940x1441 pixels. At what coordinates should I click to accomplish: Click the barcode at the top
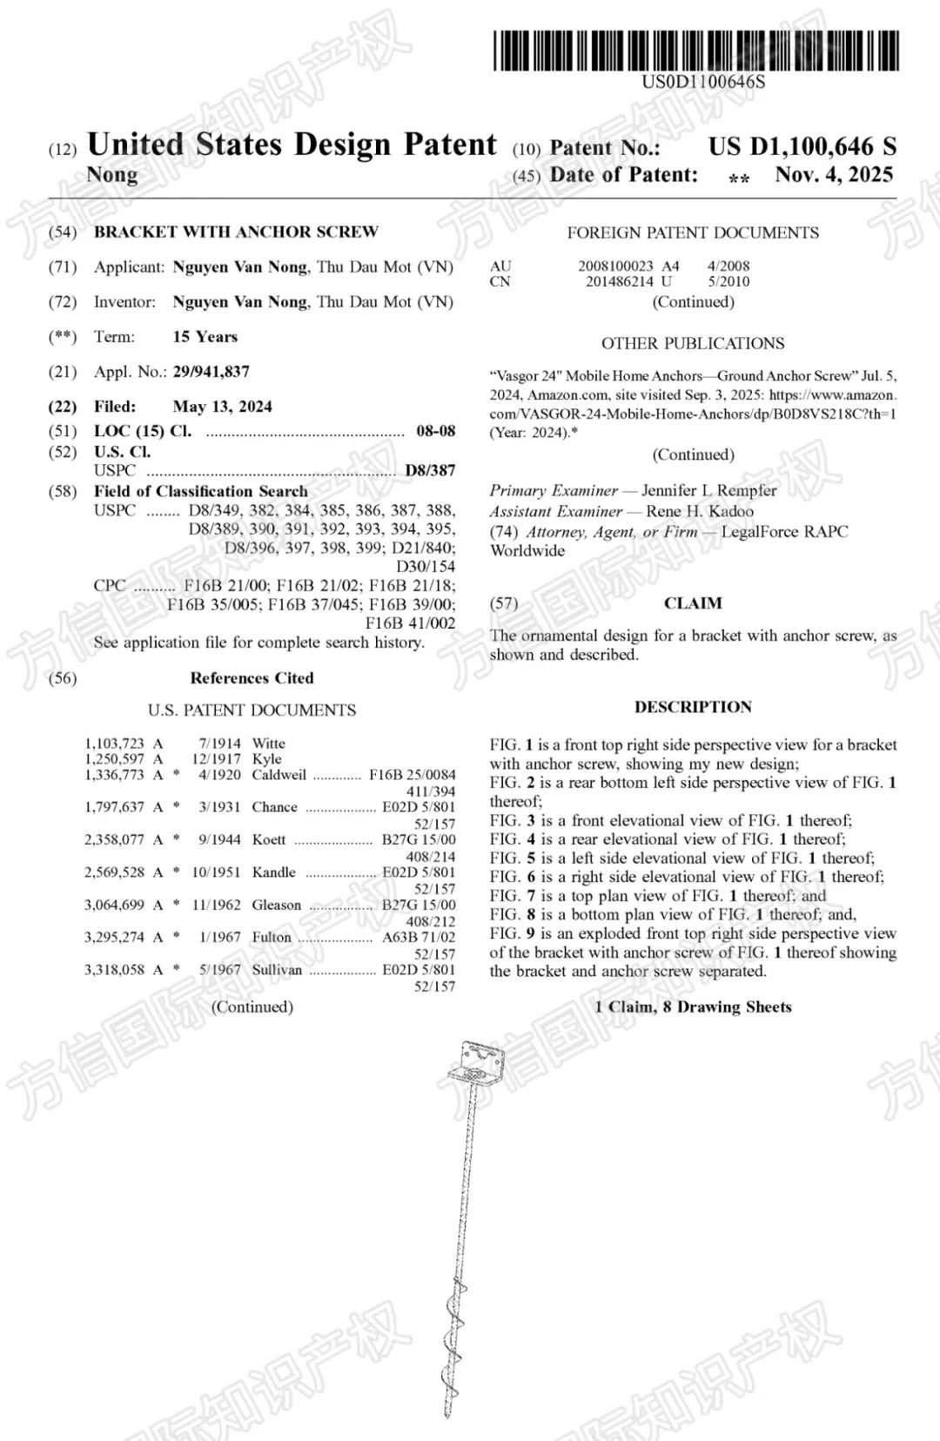[x=696, y=51]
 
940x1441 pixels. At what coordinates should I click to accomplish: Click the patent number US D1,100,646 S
[x=802, y=146]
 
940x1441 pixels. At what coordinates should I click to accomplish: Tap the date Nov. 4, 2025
[x=834, y=175]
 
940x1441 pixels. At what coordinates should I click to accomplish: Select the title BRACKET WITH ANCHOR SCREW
[x=236, y=232]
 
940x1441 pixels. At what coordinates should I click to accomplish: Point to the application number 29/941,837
[x=211, y=372]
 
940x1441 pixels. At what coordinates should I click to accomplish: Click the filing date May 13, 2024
[x=222, y=407]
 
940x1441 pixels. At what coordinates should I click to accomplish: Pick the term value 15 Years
[x=205, y=337]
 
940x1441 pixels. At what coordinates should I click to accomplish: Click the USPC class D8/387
[x=430, y=470]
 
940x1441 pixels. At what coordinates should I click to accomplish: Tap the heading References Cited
[x=252, y=678]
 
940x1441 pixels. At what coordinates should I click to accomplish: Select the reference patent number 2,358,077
[x=114, y=839]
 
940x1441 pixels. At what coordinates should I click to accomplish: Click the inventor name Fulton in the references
[x=272, y=937]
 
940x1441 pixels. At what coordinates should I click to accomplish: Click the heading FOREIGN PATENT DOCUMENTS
[x=693, y=232]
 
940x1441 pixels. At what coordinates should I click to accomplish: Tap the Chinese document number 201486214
[x=619, y=281]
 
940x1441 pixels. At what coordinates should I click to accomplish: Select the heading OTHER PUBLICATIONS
[x=693, y=343]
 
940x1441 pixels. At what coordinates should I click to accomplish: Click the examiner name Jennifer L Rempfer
[x=708, y=490]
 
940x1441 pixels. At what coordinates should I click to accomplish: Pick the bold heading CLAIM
[x=693, y=603]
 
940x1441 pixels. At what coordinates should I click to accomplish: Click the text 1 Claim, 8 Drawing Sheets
[x=693, y=1007]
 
